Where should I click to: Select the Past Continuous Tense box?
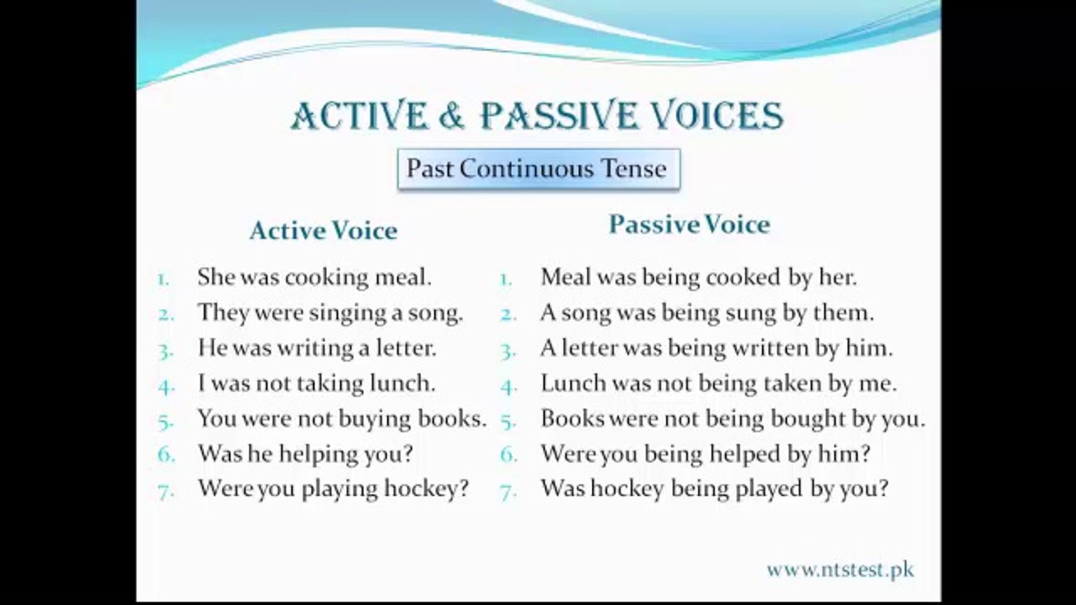point(539,169)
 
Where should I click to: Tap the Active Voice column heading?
point(323,230)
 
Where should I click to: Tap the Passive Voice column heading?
point(689,224)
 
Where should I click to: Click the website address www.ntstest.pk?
point(840,570)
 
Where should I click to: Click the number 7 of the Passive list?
point(508,492)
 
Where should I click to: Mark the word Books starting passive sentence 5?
point(573,418)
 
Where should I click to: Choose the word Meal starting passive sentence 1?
point(567,277)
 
